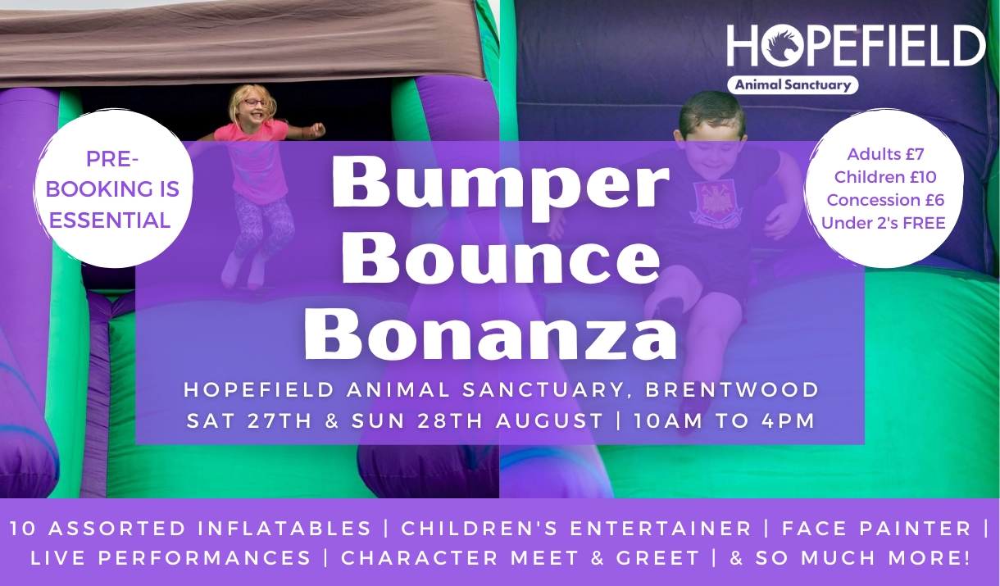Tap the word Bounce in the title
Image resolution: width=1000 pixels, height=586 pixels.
click(500, 259)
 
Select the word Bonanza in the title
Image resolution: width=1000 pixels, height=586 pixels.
click(490, 333)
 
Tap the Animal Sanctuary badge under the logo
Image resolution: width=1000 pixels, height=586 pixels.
click(793, 84)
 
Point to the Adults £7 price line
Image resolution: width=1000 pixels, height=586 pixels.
click(885, 154)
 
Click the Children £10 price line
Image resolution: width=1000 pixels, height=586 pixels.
click(885, 177)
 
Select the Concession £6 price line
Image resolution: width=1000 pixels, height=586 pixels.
click(885, 200)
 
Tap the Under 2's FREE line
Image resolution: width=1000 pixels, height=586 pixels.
click(884, 223)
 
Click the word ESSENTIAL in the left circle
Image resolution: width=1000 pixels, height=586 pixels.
click(110, 220)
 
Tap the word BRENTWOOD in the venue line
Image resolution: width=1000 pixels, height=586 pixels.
click(732, 389)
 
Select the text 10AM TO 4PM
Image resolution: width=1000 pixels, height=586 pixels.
click(724, 421)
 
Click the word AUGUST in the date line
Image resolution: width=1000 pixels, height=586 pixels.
click(550, 421)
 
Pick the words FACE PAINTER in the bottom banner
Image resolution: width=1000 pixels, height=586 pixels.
click(876, 529)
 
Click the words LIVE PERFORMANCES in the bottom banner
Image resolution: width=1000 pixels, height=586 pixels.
click(170, 558)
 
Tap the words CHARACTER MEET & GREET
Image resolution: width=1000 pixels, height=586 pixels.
click(520, 558)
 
